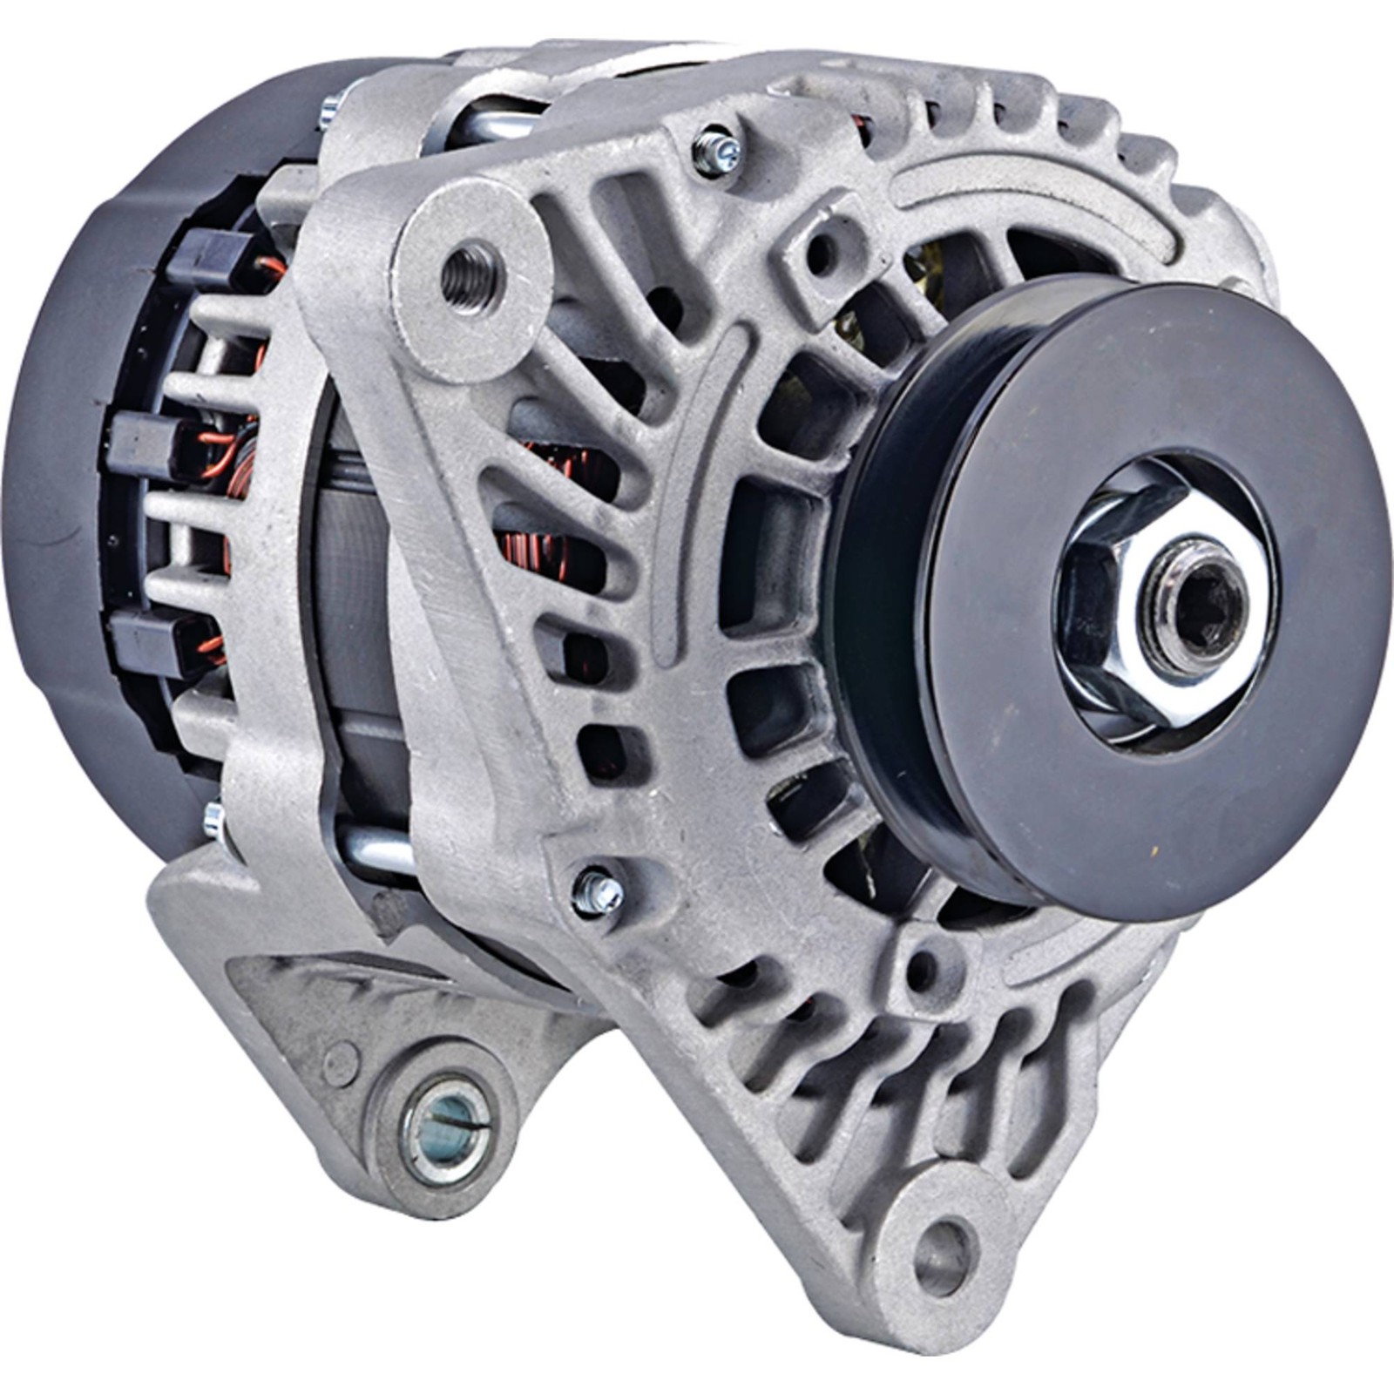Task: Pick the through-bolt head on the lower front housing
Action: coord(599,891)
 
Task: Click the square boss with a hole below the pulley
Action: coord(925,965)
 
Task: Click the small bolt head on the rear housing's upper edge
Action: coord(329,111)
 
